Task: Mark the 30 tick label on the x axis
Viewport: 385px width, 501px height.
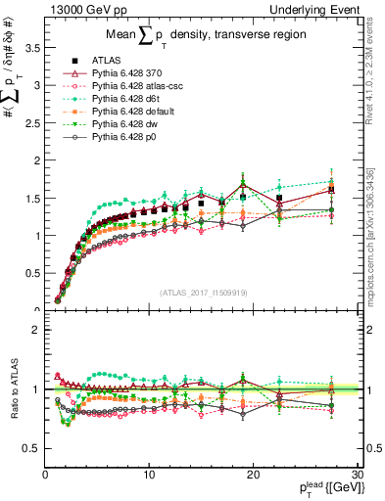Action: pyautogui.click(x=357, y=475)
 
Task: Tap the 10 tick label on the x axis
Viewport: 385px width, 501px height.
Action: pyautogui.click(x=149, y=475)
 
